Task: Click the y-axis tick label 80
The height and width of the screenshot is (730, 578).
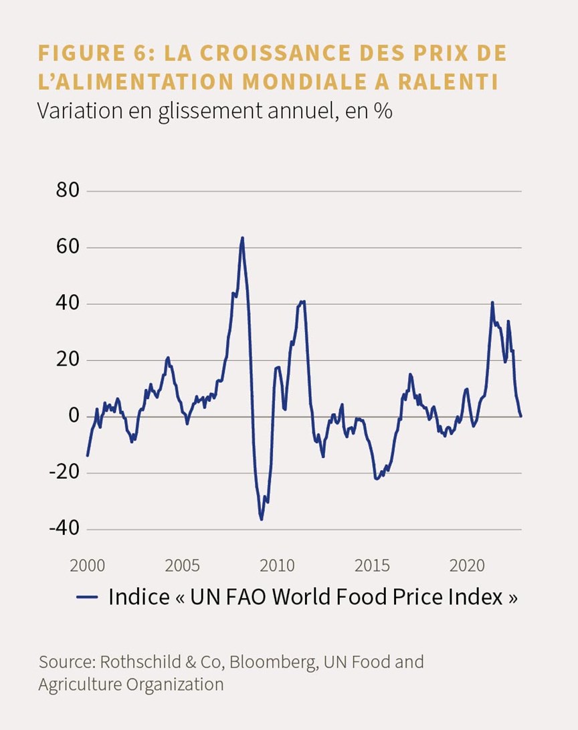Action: [x=68, y=191]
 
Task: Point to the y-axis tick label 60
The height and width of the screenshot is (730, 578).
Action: [x=68, y=247]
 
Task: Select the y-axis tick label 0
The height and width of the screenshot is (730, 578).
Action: [x=74, y=416]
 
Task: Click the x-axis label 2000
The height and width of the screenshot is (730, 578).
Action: [x=87, y=566]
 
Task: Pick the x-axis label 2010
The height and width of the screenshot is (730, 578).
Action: [x=277, y=566]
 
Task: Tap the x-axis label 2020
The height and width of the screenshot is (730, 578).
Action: [x=467, y=566]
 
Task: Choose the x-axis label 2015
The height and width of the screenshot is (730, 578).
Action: [x=372, y=566]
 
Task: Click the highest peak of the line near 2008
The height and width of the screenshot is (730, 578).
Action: [x=242, y=238]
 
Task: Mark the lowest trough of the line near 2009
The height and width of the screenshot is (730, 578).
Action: [x=262, y=519]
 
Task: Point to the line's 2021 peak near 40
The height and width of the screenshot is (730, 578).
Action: [x=492, y=303]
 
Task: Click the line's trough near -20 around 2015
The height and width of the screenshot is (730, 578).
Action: [x=377, y=479]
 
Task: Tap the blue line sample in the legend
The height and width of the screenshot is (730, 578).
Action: [x=87, y=598]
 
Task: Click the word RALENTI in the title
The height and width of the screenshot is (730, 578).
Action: [x=448, y=82]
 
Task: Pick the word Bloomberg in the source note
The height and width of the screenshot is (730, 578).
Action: [x=274, y=662]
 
